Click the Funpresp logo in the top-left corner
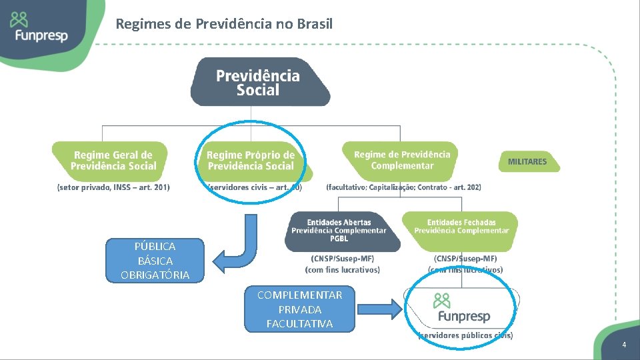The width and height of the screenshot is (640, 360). (x=39, y=28)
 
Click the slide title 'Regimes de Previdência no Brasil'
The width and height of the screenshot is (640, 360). (x=224, y=25)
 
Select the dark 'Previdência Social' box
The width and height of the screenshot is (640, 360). (x=259, y=83)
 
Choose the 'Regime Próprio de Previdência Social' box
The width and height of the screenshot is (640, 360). (x=251, y=161)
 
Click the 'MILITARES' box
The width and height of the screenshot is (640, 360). (x=527, y=161)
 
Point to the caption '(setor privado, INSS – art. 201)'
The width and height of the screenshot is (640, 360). (x=113, y=187)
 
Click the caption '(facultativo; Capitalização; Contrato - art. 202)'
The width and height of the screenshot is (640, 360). (x=403, y=187)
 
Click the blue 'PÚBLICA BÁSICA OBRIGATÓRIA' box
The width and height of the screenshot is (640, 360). (x=155, y=261)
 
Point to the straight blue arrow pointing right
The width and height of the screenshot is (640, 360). (x=379, y=309)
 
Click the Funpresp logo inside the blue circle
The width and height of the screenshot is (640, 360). (x=461, y=308)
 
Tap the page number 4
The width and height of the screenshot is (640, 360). (x=624, y=345)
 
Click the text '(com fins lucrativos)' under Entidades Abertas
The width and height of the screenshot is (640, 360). (x=342, y=270)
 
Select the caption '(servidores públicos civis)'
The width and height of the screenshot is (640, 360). (x=465, y=335)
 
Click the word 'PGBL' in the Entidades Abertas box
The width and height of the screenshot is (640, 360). (x=339, y=239)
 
